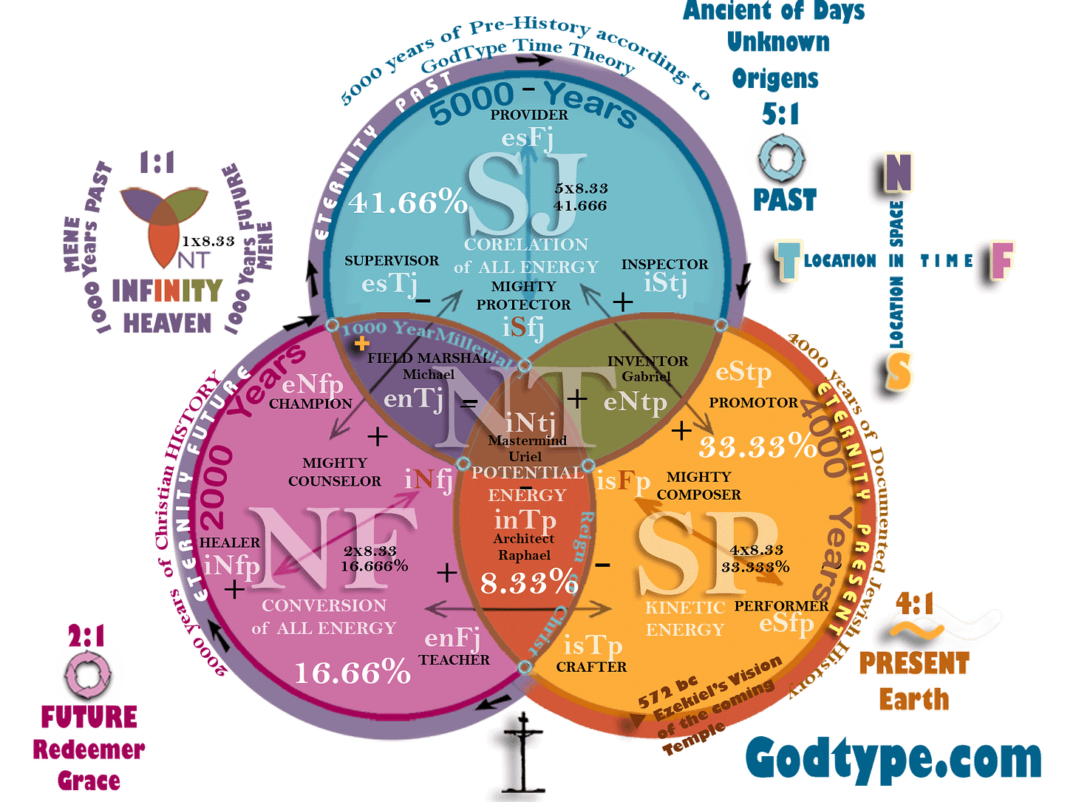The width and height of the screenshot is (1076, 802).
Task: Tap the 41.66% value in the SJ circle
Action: (x=409, y=202)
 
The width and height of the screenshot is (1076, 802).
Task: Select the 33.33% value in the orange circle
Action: (x=757, y=446)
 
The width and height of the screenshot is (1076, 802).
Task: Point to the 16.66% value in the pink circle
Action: (x=352, y=673)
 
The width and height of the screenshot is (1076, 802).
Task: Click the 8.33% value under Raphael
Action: (x=528, y=582)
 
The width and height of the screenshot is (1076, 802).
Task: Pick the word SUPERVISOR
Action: (x=392, y=261)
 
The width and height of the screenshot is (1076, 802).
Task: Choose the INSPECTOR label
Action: (x=664, y=264)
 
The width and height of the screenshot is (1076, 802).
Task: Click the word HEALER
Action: (x=230, y=543)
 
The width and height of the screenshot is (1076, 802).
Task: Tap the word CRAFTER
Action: (x=591, y=667)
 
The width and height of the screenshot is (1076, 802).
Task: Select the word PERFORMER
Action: (x=781, y=606)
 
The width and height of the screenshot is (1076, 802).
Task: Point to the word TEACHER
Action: (x=454, y=659)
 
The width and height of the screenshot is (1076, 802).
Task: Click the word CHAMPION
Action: (x=310, y=404)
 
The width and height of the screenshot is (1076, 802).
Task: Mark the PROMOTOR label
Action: (x=753, y=403)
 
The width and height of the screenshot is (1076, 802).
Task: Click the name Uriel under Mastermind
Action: (x=525, y=456)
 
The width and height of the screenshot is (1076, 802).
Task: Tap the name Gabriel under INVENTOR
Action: (x=646, y=375)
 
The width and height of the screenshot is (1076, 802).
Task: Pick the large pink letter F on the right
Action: (x=1002, y=259)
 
